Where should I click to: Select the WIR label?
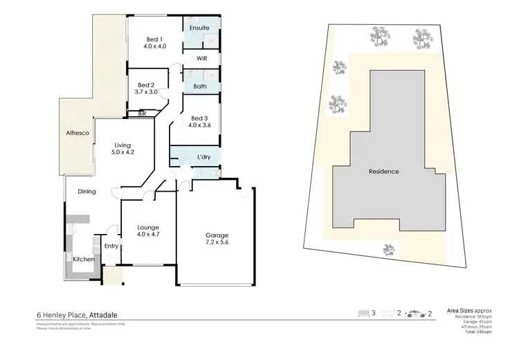(202, 59)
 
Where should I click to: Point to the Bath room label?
(201, 86)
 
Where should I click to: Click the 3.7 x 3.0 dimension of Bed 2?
(146, 91)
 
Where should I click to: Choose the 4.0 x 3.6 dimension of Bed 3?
(199, 125)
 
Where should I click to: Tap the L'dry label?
(204, 157)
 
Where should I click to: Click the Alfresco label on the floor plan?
(75, 132)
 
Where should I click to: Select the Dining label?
(86, 192)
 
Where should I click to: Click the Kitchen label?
(84, 259)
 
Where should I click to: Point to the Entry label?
(111, 246)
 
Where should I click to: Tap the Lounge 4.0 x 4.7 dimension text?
(148, 235)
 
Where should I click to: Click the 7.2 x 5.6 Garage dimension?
(215, 242)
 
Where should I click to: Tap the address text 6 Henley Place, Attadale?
(81, 314)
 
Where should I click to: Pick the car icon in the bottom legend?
(417, 314)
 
